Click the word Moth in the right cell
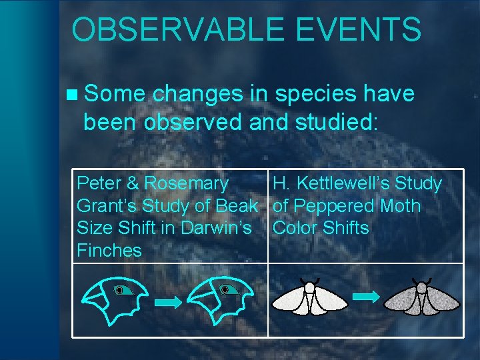400,206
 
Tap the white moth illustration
310,298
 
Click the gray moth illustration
422,298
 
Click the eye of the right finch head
225,290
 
